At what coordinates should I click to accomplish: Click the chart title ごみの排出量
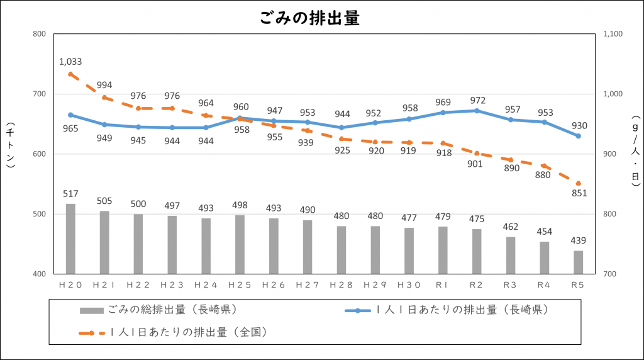tap(309, 18)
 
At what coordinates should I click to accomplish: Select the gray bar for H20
tap(70, 239)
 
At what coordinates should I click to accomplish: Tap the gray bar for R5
tap(578, 262)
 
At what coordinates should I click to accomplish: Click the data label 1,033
tap(70, 62)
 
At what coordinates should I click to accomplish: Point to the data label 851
tap(578, 193)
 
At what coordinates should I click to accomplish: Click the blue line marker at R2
tap(477, 111)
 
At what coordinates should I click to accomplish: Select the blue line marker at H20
tap(70, 115)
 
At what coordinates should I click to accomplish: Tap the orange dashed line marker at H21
tap(104, 98)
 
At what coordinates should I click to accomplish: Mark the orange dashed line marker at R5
tap(578, 183)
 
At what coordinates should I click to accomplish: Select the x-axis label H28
tap(341, 285)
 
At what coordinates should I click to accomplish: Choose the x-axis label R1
tap(443, 285)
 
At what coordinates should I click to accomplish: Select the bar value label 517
tap(70, 194)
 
